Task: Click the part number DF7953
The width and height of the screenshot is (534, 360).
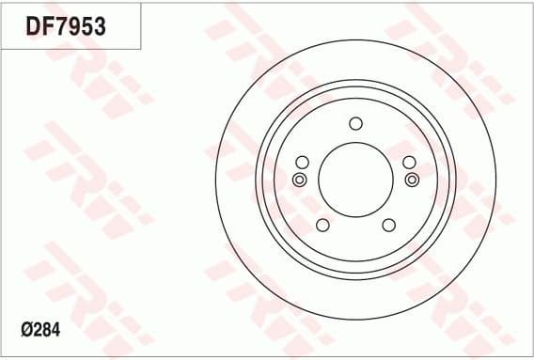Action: click(x=65, y=27)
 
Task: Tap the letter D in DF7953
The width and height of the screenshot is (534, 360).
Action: click(x=33, y=27)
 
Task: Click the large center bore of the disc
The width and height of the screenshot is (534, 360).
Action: click(x=355, y=179)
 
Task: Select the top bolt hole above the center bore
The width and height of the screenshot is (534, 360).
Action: click(x=355, y=123)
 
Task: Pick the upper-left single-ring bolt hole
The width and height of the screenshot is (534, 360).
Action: click(x=302, y=161)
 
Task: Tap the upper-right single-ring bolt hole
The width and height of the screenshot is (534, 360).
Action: click(x=410, y=161)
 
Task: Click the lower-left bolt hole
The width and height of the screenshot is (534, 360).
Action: click(x=322, y=225)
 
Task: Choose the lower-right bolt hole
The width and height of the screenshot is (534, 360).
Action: click(x=388, y=225)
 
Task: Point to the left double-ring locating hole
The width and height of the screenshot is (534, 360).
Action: click(x=300, y=179)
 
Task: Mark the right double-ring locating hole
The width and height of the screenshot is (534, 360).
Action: click(x=411, y=179)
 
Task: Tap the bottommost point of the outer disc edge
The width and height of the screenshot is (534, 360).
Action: click(x=355, y=319)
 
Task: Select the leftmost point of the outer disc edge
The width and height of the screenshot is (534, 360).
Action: click(x=215, y=179)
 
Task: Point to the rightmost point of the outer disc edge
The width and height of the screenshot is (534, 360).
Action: click(x=495, y=179)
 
